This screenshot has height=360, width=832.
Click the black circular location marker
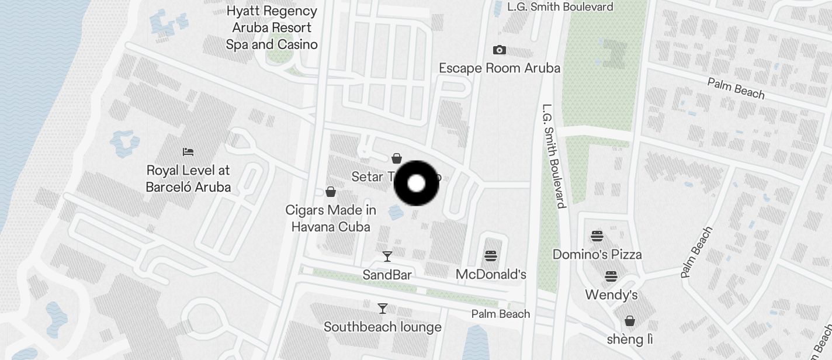(x=416, y=184)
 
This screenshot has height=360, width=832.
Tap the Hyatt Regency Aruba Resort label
(x=272, y=27)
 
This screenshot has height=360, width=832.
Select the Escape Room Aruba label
(x=500, y=68)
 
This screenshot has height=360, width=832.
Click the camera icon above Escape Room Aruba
(x=500, y=50)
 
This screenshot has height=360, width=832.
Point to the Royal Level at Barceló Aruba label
(x=188, y=179)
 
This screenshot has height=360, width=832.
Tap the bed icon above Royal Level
(x=188, y=152)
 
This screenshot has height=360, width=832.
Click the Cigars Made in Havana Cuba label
(x=331, y=218)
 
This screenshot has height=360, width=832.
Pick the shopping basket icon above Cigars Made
(x=331, y=192)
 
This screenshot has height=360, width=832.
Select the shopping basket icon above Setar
(x=397, y=158)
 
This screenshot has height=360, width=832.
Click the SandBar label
(x=387, y=275)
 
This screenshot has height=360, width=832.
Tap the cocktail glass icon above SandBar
(x=387, y=256)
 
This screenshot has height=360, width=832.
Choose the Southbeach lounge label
(x=383, y=327)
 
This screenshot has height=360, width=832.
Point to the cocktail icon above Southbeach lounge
(x=383, y=308)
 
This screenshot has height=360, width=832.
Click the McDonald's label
(x=491, y=274)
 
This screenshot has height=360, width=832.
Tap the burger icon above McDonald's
(x=491, y=255)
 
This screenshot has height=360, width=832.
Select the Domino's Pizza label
(x=597, y=254)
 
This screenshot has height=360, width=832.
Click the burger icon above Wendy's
(x=611, y=276)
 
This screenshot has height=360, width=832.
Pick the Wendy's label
(x=611, y=295)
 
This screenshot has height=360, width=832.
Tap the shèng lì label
(x=630, y=340)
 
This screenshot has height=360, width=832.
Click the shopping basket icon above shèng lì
(x=630, y=321)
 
